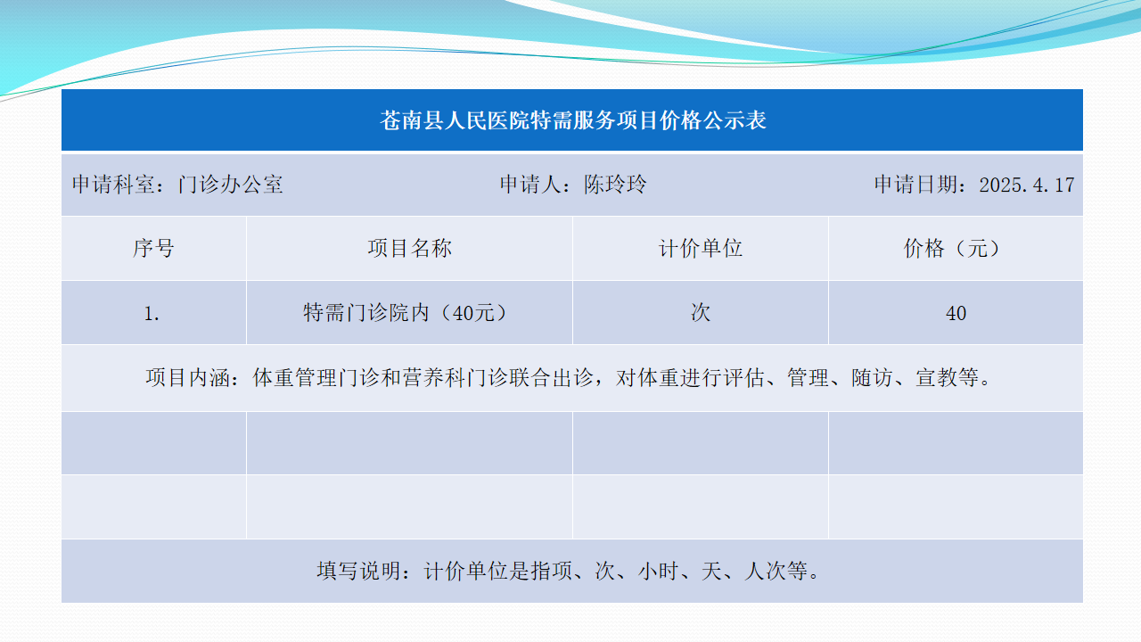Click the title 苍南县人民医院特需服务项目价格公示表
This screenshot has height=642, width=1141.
pyautogui.click(x=573, y=120)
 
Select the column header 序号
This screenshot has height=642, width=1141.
pyautogui.click(x=154, y=248)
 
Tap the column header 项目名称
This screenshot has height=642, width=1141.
pyautogui.click(x=409, y=248)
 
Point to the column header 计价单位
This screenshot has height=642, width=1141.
pyautogui.click(x=701, y=248)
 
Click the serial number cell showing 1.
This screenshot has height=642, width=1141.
pyautogui.click(x=152, y=313)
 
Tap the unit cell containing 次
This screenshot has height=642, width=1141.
pyautogui.click(x=701, y=313)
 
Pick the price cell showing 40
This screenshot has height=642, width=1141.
pyautogui.click(x=956, y=313)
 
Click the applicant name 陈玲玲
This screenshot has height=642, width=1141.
pyautogui.click(x=615, y=185)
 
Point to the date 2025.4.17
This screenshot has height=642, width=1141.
pyautogui.click(x=1026, y=185)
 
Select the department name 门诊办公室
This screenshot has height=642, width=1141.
pyautogui.click(x=231, y=185)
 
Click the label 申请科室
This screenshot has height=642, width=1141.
pyautogui.click(x=113, y=185)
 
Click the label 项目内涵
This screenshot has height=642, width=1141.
pyautogui.click(x=187, y=377)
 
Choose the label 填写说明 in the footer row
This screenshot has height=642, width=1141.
pyautogui.click(x=358, y=571)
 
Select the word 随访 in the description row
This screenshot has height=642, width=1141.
pyautogui.click(x=872, y=377)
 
